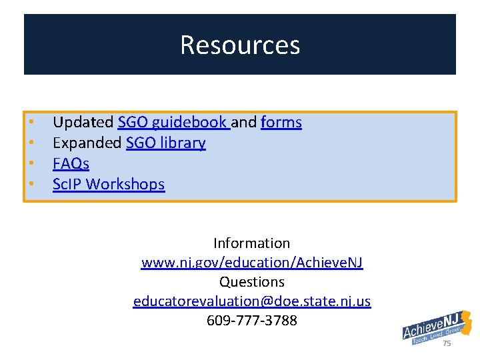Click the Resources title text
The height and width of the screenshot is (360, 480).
[x=240, y=45]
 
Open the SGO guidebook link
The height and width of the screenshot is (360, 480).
[x=173, y=123]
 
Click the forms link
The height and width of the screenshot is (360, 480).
[x=281, y=123]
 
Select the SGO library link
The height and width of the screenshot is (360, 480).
[x=165, y=143]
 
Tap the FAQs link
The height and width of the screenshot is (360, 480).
[x=71, y=164]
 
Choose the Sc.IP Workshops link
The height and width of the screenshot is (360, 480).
[x=109, y=184]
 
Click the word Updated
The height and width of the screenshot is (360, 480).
[x=83, y=123]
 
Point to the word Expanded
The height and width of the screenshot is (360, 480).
[x=87, y=143]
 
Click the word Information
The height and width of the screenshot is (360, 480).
[x=251, y=243]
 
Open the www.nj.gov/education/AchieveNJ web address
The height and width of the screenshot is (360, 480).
[x=251, y=263]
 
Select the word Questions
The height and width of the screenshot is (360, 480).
[x=251, y=282]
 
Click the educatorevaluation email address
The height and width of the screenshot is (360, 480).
[x=251, y=301]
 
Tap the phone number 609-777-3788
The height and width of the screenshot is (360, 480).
[x=251, y=321]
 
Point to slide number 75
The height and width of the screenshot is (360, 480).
[x=447, y=343]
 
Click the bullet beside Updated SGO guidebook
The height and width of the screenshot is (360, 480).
[x=31, y=123]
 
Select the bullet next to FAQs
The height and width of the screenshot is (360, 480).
[x=31, y=164]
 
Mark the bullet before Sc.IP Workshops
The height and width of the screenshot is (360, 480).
[x=31, y=184]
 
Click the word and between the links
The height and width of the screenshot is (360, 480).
[x=244, y=123]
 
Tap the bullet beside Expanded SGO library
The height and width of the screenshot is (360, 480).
[x=31, y=143]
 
